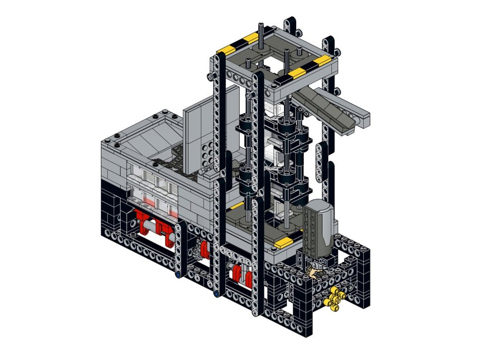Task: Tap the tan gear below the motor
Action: (314, 274)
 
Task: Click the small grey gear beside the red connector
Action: (197, 252)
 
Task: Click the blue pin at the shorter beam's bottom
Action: (179, 276)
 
